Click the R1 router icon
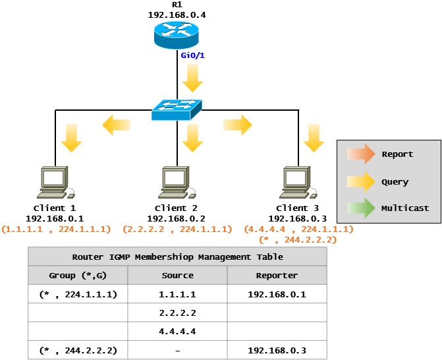click(x=177, y=35)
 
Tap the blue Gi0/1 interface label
click(x=193, y=55)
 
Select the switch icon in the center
click(x=177, y=109)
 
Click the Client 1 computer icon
click(x=56, y=182)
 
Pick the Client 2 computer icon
click(x=177, y=182)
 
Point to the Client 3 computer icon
click(x=298, y=182)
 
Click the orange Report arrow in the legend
click(x=361, y=154)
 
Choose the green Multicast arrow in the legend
click(x=361, y=208)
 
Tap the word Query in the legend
click(x=395, y=182)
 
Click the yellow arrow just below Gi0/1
click(x=193, y=78)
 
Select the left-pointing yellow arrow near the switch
click(x=116, y=125)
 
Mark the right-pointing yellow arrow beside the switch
click(x=238, y=125)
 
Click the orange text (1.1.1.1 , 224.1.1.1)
click(x=56, y=229)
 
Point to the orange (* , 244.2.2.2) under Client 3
click(x=298, y=240)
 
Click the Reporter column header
click(x=277, y=276)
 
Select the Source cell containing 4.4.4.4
click(x=177, y=331)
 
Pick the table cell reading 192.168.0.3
click(x=277, y=350)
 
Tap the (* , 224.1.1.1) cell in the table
click(x=78, y=295)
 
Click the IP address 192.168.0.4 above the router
click(x=177, y=15)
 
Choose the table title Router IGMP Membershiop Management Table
click(x=178, y=257)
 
